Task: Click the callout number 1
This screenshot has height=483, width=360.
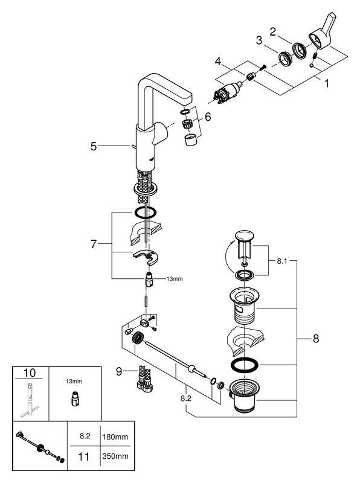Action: [327, 83]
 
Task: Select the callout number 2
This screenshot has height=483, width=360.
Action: [273, 31]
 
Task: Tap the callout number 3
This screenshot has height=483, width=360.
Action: [259, 40]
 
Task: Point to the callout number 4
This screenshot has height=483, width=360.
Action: [218, 62]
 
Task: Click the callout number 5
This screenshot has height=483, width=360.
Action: [94, 146]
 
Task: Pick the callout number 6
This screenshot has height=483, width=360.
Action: [208, 117]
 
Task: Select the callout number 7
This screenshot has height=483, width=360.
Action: [94, 245]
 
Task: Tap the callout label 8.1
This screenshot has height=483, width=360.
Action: [281, 261]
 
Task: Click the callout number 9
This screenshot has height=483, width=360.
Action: [119, 371]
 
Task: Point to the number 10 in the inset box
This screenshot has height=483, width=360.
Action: [30, 373]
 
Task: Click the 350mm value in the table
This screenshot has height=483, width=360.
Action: [115, 456]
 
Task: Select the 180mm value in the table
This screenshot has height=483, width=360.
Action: [115, 437]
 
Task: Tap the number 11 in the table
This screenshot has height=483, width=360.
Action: [84, 456]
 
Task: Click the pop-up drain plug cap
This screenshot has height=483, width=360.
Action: [244, 236]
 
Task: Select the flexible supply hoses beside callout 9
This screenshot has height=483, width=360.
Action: [144, 379]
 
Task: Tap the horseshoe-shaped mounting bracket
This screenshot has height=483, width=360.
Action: [146, 255]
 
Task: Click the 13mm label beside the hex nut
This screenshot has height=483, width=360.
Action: [175, 279]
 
